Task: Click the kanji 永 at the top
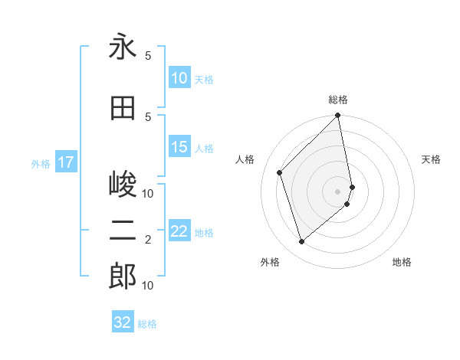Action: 123,47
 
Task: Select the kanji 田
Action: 123,108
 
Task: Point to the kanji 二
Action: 123,231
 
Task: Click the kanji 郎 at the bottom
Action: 123,277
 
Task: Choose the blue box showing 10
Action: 179,78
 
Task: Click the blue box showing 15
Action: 179,148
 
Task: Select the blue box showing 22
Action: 179,232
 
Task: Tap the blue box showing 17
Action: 66,162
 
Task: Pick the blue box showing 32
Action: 123,322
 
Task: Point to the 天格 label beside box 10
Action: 204,79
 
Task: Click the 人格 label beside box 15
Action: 204,149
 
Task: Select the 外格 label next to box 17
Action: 41,163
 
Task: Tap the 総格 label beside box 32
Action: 147,324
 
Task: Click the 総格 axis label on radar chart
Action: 338,100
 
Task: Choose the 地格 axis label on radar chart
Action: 402,262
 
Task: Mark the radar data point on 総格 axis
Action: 338,116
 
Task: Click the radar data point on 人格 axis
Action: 280,172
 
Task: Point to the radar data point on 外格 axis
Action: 302,242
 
